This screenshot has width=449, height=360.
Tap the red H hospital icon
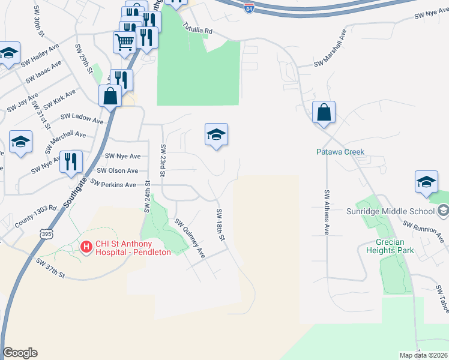tap(86, 247)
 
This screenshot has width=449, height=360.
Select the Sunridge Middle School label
tap(391, 211)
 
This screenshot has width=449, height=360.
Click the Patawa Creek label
tap(340, 152)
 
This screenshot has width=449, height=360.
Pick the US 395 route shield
tap(46, 232)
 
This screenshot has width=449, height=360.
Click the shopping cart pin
tap(124, 42)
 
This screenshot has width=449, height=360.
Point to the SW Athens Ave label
tap(327, 212)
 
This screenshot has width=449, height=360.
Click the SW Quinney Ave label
tap(190, 238)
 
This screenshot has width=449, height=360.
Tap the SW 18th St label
tap(220, 226)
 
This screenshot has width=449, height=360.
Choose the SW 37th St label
tap(50, 267)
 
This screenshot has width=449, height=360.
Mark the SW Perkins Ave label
tap(113, 184)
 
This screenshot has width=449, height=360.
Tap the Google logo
tap(20, 353)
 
